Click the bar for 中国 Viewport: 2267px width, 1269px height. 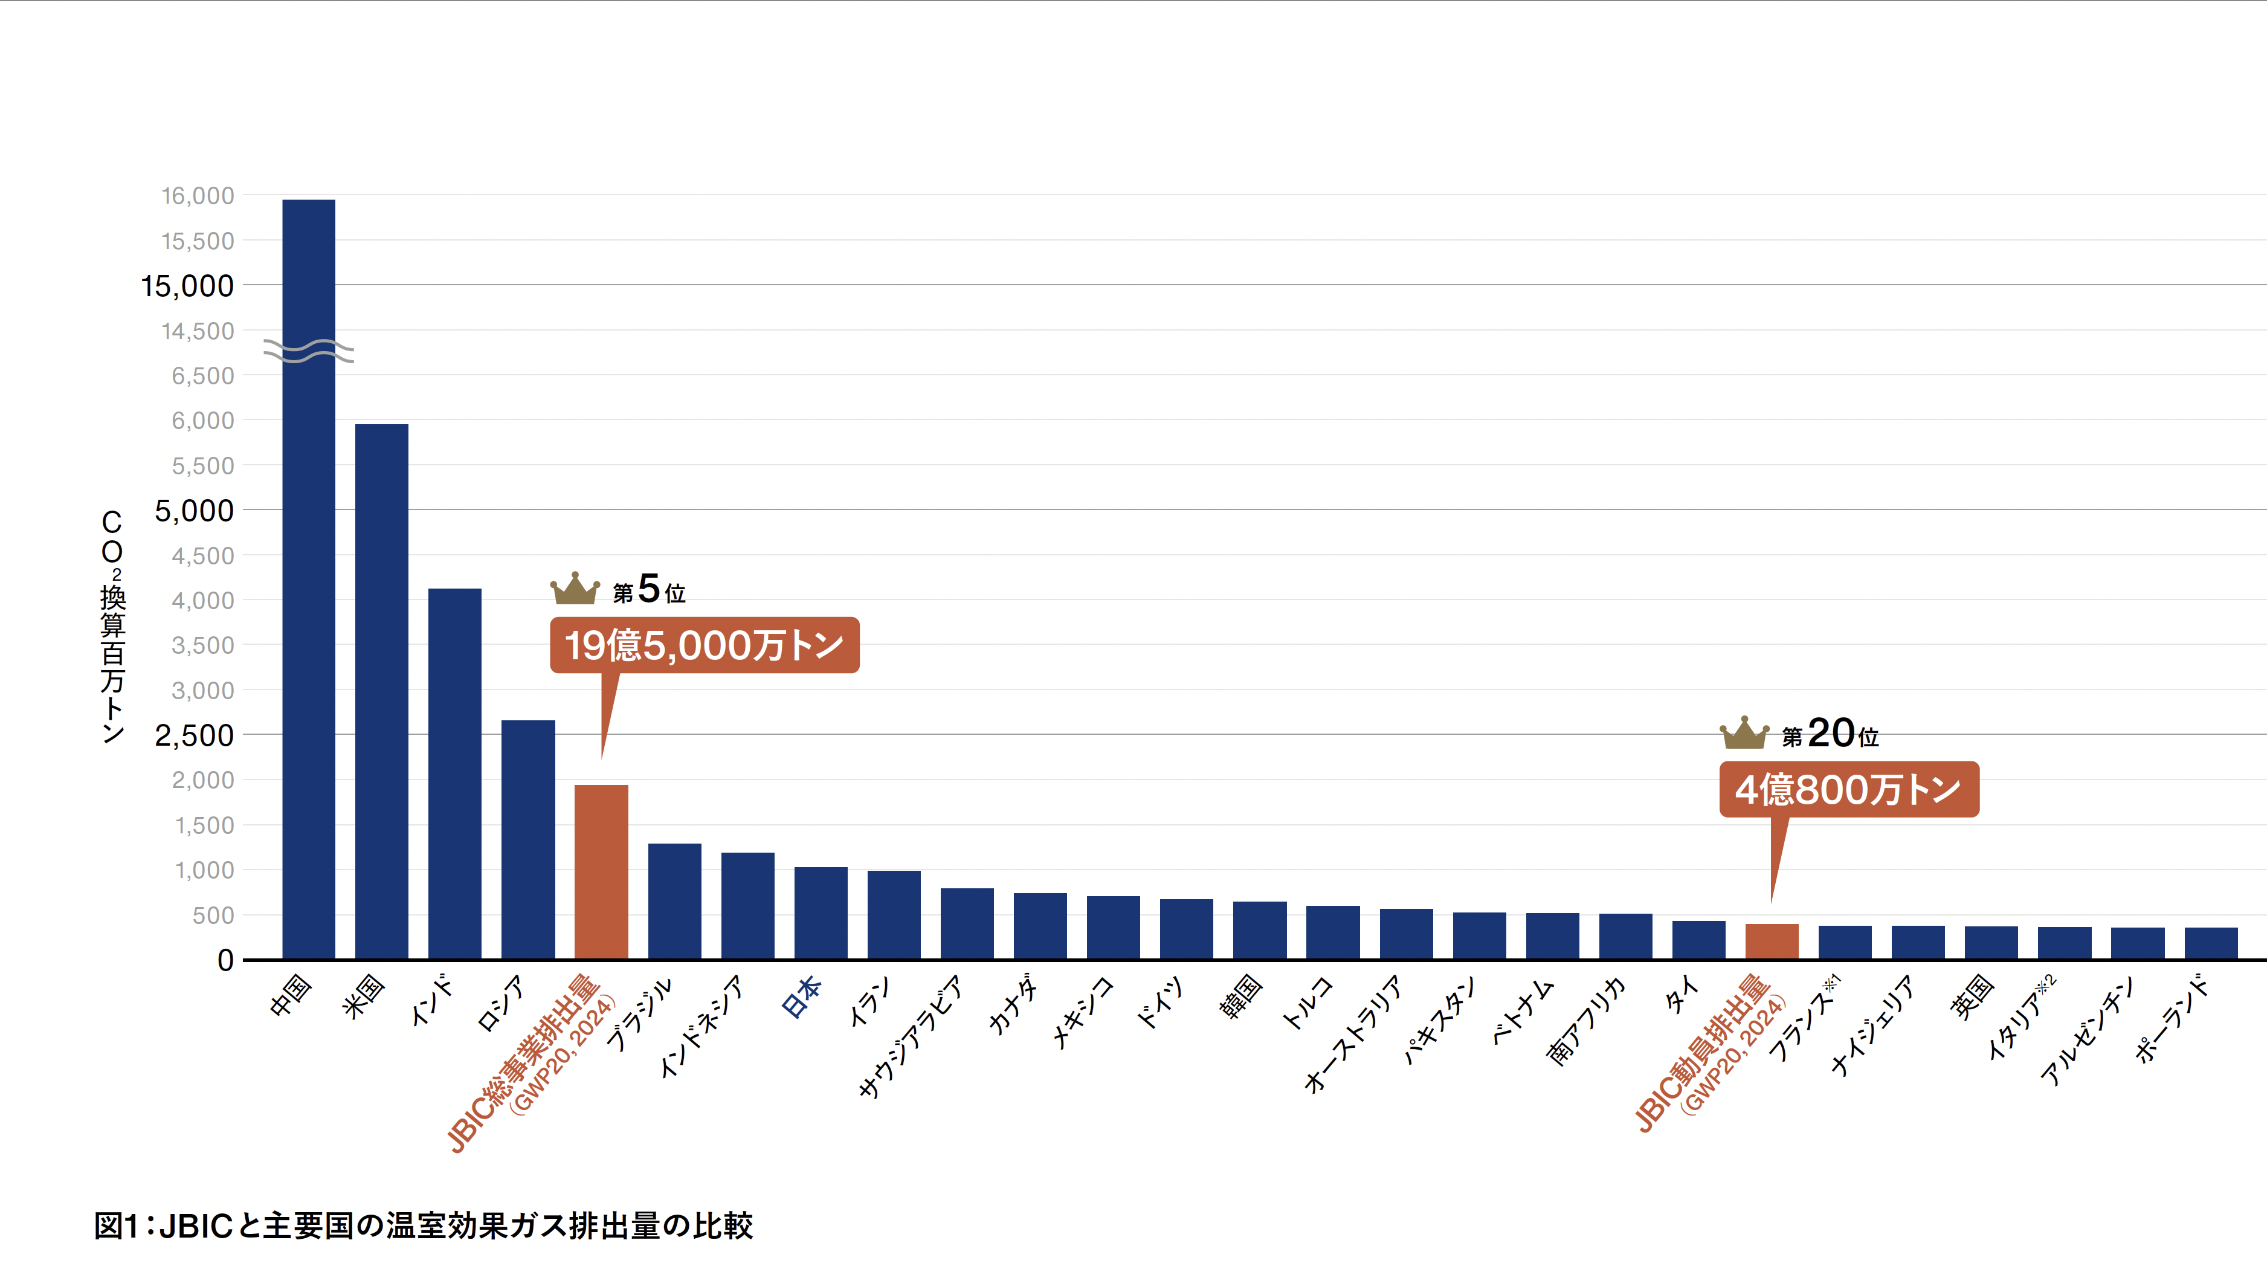(x=308, y=616)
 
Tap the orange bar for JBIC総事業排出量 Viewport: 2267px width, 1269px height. (x=601, y=871)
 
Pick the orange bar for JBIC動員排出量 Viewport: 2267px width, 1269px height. (x=1772, y=941)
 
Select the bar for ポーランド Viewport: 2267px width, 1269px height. (x=2211, y=943)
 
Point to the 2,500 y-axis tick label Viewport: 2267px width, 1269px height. (x=195, y=735)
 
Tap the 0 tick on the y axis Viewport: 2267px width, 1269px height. (x=226, y=960)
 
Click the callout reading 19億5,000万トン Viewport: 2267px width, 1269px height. (x=704, y=645)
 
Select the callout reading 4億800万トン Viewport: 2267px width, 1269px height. (x=1848, y=789)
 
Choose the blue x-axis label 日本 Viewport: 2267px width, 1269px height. (x=802, y=996)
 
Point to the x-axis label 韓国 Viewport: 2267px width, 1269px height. (x=1242, y=997)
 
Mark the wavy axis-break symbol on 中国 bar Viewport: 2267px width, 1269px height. (x=309, y=351)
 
